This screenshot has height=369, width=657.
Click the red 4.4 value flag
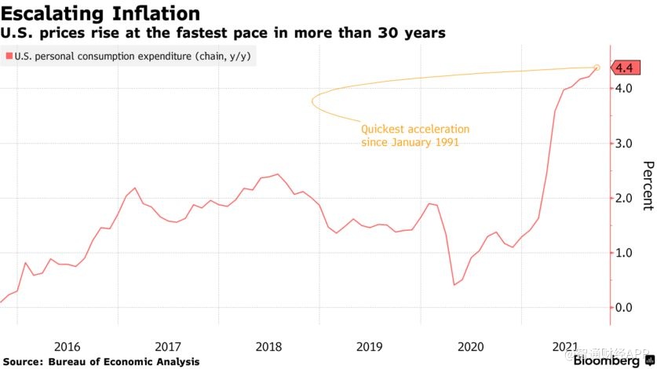tap(624, 68)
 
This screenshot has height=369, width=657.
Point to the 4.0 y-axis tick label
tap(625, 89)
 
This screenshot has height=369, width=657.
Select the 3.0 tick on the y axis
tap(625, 144)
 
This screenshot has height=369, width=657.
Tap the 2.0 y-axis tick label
tap(625, 198)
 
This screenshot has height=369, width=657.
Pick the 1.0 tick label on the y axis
tap(625, 253)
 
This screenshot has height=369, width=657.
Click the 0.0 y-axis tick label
tap(625, 308)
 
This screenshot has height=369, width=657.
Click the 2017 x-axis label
tap(168, 346)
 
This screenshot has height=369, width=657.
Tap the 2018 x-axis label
tap(268, 346)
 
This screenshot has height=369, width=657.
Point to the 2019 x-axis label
tap(369, 346)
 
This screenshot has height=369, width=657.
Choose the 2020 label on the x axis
tap(470, 346)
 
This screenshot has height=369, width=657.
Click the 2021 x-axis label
tap(567, 346)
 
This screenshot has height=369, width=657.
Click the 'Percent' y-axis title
tap(648, 186)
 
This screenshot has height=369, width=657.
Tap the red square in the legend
tap(9, 57)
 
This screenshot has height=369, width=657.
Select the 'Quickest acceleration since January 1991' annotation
tap(414, 136)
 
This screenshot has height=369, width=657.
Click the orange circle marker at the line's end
tap(597, 68)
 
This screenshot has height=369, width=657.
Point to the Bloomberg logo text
tap(606, 361)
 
